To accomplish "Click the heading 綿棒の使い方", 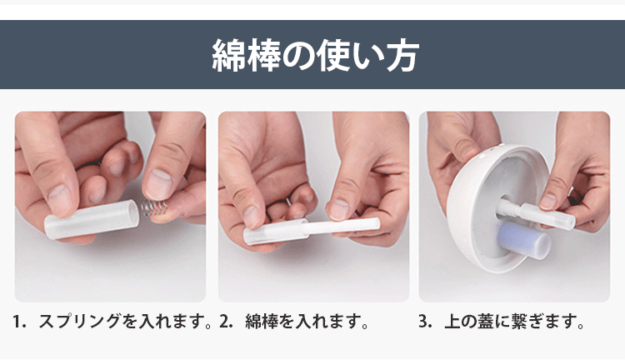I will click(312, 54).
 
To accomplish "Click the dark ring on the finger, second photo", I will click(287, 202).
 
